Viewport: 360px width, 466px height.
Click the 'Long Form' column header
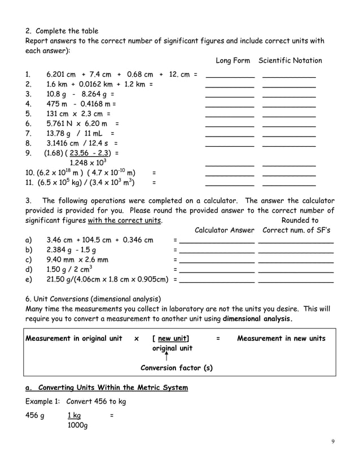pos(233,60)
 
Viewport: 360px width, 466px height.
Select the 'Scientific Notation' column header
pos(290,60)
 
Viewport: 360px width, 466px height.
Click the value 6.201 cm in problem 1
pos(61,74)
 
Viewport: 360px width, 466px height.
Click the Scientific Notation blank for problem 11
pos(289,185)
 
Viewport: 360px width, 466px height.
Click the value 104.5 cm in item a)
pos(98,240)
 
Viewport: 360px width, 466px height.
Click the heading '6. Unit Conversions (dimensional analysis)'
pos(94,298)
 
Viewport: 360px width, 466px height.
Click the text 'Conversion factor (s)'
pos(176,368)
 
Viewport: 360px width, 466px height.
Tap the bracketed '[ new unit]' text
pos(170,338)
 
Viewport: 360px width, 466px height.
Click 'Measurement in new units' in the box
pos(281,338)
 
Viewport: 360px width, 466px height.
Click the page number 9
pos(333,441)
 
